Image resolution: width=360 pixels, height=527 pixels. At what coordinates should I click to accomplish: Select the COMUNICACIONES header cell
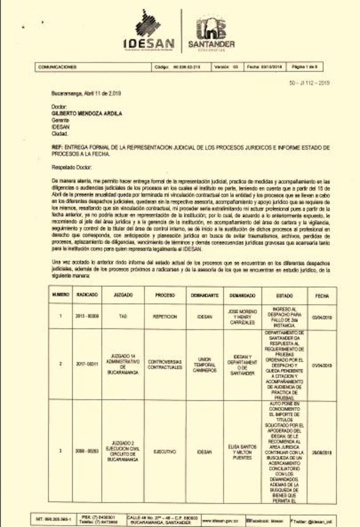pyautogui.click(x=93, y=67)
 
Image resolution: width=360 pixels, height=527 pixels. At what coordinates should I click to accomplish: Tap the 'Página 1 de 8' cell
pyautogui.click(x=304, y=67)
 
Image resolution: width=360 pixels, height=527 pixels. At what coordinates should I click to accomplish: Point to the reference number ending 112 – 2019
pyautogui.click(x=309, y=83)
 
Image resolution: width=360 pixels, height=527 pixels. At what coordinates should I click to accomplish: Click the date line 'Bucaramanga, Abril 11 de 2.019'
pyautogui.click(x=86, y=94)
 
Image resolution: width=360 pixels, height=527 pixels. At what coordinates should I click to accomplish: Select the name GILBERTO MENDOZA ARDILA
pyautogui.click(x=87, y=113)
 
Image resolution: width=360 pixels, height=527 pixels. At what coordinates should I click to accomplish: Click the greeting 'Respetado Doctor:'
pyautogui.click(x=72, y=167)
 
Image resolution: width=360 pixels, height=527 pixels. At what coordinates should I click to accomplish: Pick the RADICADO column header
pyautogui.click(x=87, y=295)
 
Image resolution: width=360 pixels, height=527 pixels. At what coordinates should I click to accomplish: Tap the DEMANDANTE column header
pyautogui.click(x=205, y=295)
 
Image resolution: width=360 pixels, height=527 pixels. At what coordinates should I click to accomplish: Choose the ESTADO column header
pyautogui.click(x=284, y=296)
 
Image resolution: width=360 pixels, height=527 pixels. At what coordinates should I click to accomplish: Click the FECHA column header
pyautogui.click(x=322, y=296)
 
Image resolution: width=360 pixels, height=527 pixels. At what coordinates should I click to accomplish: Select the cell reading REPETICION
pyautogui.click(x=165, y=317)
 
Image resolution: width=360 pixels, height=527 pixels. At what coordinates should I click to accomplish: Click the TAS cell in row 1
pyautogui.click(x=123, y=316)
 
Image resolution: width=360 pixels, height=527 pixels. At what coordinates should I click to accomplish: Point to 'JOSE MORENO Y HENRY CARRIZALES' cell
pyautogui.click(x=242, y=317)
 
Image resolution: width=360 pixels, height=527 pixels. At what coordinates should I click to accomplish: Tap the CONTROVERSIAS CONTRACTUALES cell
pyautogui.click(x=165, y=364)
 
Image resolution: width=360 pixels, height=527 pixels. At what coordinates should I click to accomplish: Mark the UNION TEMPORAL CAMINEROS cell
pyautogui.click(x=205, y=365)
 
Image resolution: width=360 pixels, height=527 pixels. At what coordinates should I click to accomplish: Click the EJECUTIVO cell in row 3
pyautogui.click(x=165, y=452)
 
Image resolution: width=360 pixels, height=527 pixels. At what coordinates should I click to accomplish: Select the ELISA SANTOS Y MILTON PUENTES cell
pyautogui.click(x=242, y=452)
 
